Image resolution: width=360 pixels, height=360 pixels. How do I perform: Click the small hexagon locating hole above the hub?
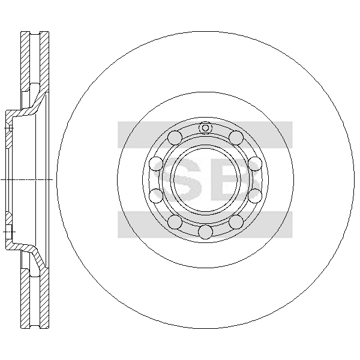coord(205,128)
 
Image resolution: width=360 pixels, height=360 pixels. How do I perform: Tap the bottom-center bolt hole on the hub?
coord(205,232)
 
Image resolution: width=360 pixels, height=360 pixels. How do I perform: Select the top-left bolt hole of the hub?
coord(175,137)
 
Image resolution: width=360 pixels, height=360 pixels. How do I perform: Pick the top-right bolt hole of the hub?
coord(236,137)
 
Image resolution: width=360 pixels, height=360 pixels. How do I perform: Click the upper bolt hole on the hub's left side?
coord(156,164)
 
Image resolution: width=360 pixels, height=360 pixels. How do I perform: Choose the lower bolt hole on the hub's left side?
coord(156,196)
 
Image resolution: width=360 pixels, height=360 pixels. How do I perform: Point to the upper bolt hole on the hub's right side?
coord(255,164)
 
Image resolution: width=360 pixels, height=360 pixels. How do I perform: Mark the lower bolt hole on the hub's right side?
coord(255,196)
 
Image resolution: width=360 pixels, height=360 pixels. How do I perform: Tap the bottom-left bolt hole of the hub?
coord(175,222)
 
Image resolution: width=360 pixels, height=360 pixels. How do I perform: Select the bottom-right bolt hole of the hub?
coord(236,222)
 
